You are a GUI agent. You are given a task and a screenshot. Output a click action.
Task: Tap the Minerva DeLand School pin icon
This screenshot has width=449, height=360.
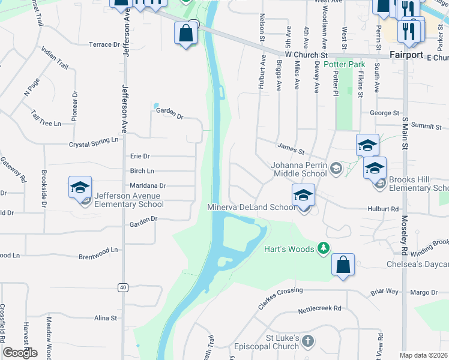click(x=303, y=195)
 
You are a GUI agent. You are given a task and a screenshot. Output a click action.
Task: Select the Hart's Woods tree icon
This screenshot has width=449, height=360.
click(x=324, y=247)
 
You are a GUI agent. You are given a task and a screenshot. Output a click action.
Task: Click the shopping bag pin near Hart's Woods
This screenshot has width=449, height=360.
click(x=342, y=265)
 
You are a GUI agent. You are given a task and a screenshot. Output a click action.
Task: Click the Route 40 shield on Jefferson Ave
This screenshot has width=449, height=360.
click(x=123, y=287)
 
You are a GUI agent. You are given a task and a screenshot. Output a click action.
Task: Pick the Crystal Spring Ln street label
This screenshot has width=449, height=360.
click(x=94, y=145)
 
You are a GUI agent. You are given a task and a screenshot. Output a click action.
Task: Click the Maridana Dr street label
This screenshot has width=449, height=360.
click(x=148, y=186)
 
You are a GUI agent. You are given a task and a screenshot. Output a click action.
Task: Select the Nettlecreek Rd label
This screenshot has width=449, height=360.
click(x=320, y=309)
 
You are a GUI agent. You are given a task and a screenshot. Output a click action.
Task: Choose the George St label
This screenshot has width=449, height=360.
click(x=384, y=113)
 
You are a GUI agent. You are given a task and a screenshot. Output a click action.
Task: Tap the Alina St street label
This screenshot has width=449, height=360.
click(x=105, y=317)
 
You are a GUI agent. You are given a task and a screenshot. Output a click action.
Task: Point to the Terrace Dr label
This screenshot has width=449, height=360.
click(x=104, y=44)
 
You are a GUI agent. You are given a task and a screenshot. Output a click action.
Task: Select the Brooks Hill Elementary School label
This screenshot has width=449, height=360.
click(x=418, y=184)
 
